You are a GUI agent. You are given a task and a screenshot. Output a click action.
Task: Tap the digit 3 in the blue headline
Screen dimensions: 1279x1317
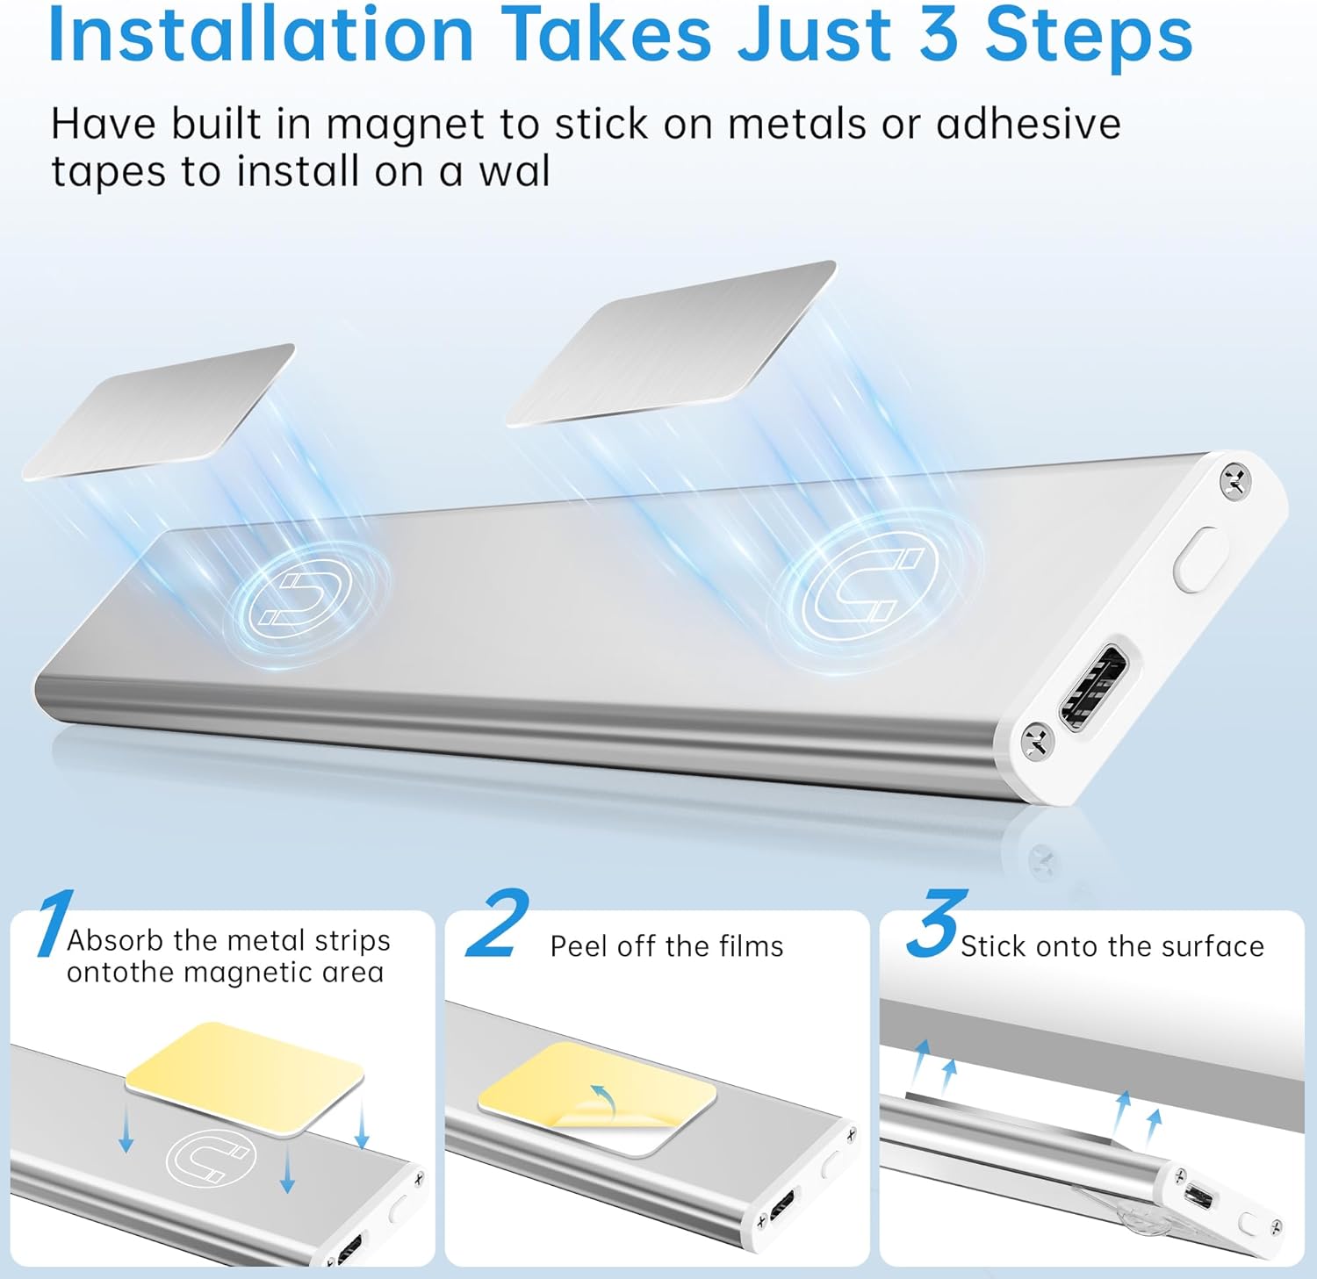(939, 35)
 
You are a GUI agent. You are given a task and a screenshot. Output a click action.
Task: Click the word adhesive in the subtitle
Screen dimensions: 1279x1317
(1028, 124)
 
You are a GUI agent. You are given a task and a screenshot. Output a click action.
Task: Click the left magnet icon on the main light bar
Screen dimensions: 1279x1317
(299, 597)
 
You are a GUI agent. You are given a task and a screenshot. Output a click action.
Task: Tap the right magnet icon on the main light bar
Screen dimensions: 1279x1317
(869, 578)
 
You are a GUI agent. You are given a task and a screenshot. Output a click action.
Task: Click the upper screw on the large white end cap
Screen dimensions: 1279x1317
(1234, 480)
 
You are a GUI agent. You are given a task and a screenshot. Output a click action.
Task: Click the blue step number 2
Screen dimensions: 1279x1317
(497, 923)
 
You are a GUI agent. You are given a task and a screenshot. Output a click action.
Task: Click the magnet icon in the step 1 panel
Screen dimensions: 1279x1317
(211, 1158)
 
